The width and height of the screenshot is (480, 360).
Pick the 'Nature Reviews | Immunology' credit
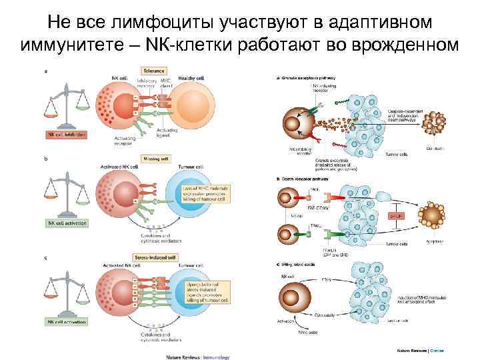[198, 356]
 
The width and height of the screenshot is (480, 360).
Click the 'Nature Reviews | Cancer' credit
[420, 350]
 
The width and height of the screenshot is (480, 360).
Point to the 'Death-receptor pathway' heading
[297, 179]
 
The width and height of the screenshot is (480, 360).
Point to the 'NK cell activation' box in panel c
[66, 323]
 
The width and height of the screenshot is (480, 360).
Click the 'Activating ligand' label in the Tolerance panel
[171, 133]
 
